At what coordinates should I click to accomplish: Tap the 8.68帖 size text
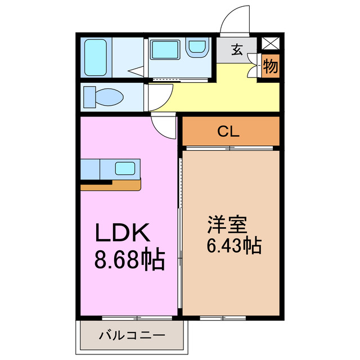click(x=129, y=260)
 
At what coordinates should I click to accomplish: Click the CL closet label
click(x=229, y=132)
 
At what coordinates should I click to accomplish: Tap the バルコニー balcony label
click(x=132, y=336)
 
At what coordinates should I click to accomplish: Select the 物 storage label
click(x=270, y=67)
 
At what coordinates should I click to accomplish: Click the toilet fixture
click(x=104, y=97)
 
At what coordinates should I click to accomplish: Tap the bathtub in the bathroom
click(x=96, y=56)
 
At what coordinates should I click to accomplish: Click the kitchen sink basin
click(x=125, y=168)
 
